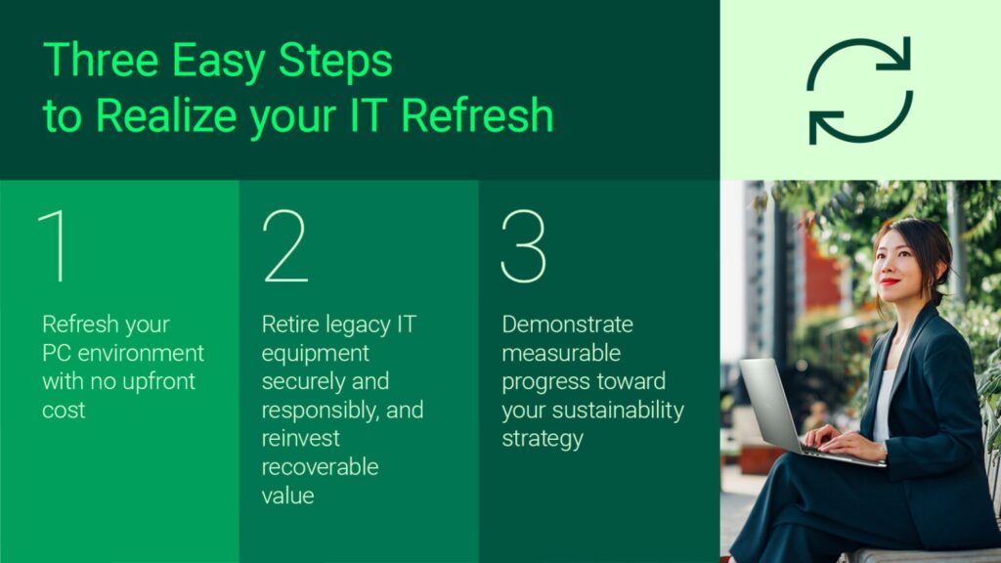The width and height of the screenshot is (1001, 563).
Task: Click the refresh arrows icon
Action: (x=859, y=90)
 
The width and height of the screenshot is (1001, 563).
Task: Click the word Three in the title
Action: (x=101, y=61)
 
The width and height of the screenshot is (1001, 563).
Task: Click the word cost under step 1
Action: (x=64, y=410)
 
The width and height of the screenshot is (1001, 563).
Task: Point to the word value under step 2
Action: (x=287, y=495)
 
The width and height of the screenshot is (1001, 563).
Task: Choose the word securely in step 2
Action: (x=302, y=381)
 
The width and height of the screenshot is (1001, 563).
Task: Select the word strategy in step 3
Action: (x=543, y=438)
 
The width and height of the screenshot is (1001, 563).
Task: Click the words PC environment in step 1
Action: (x=123, y=353)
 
